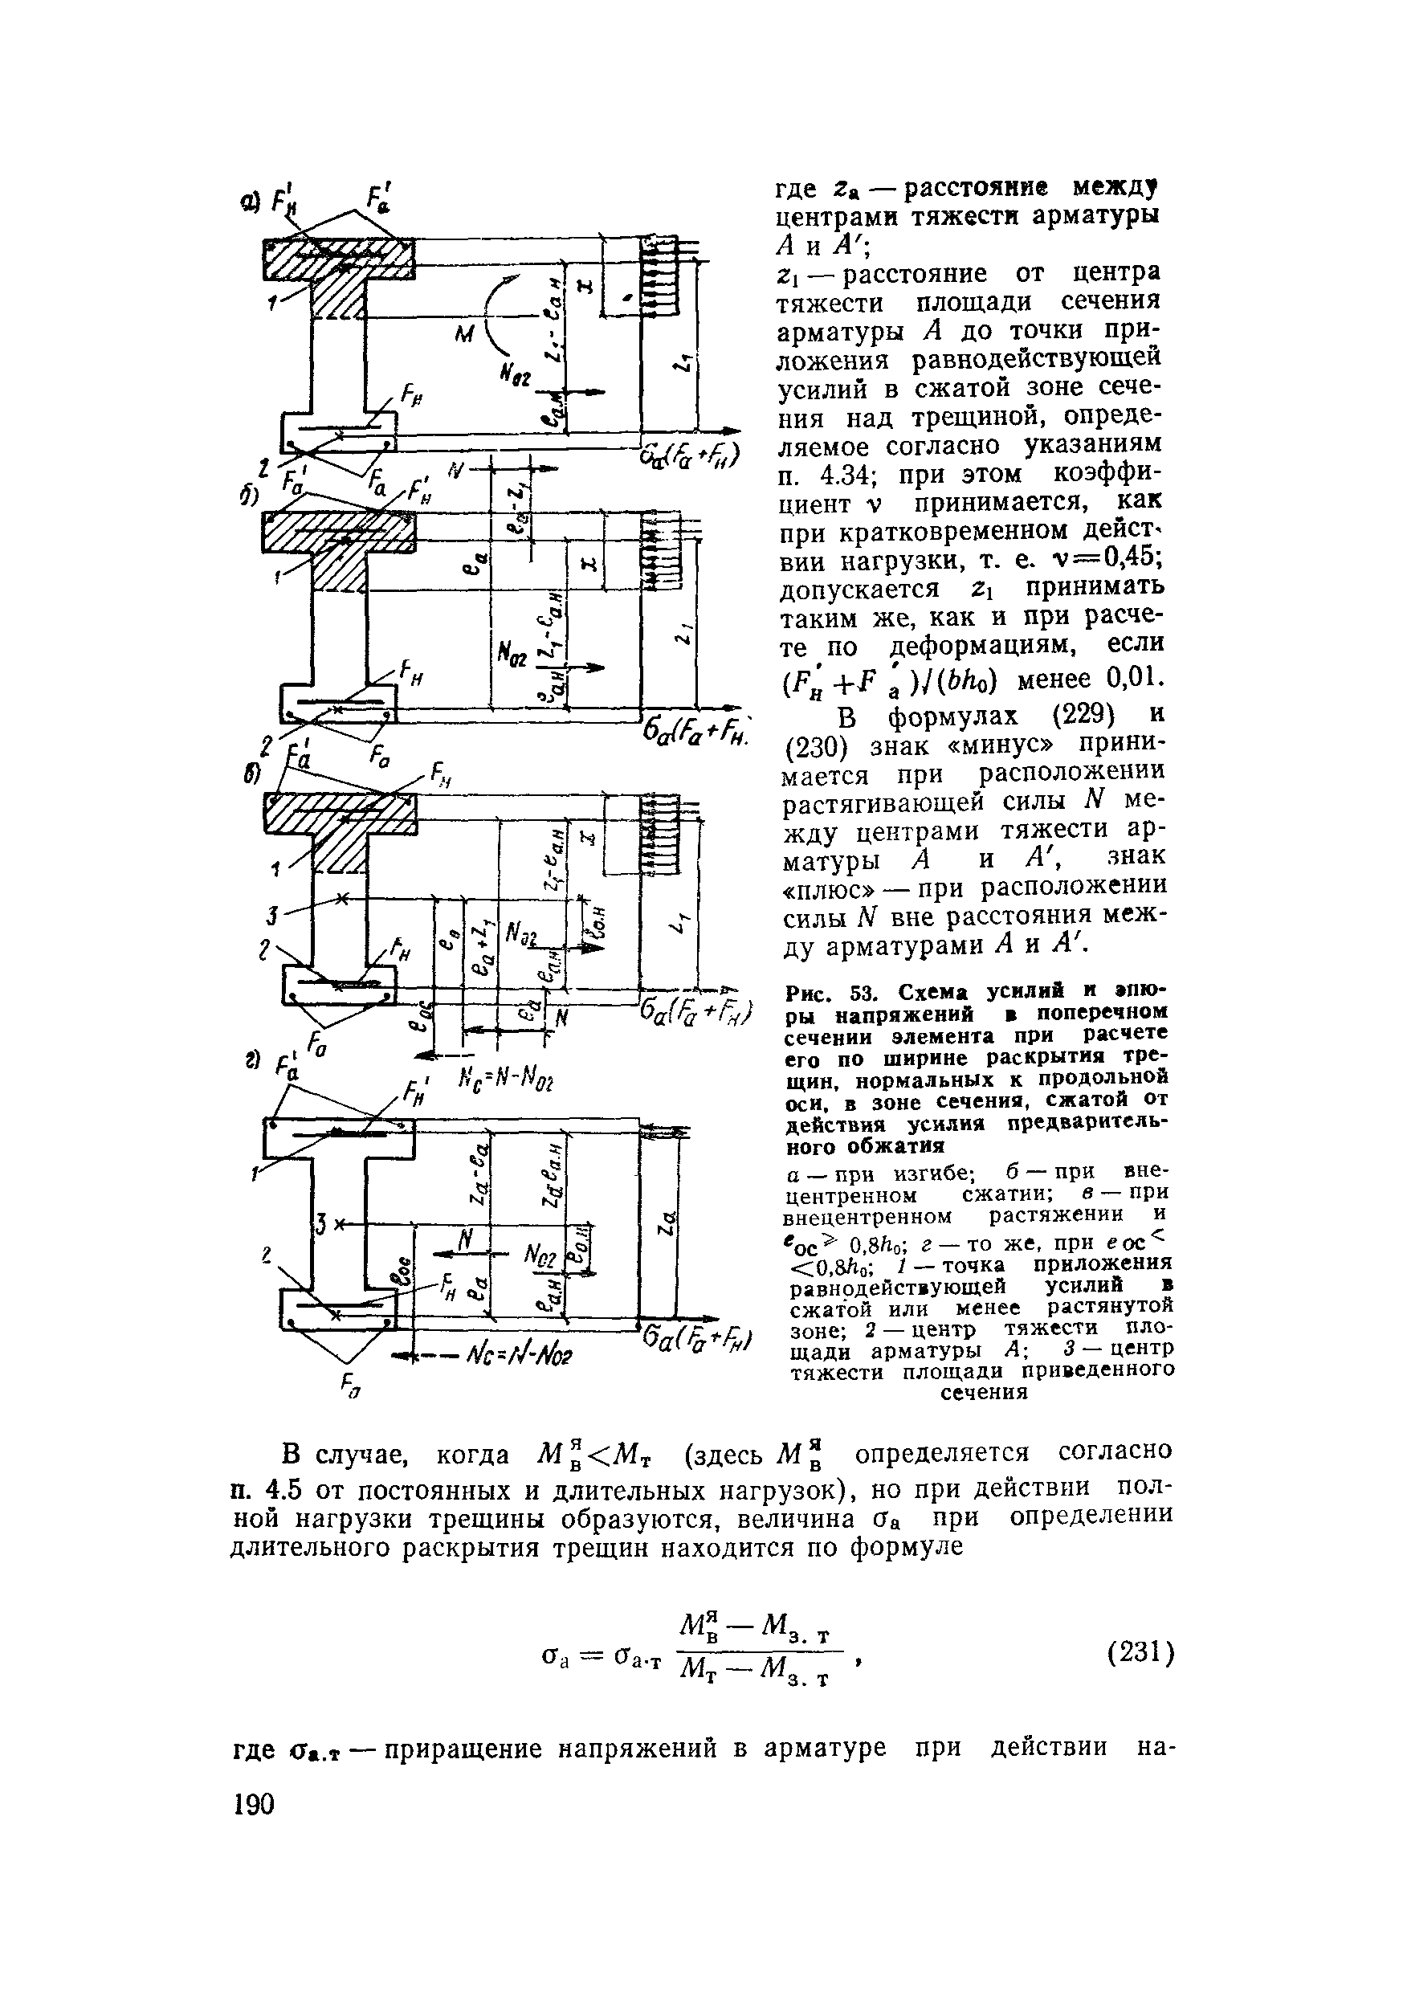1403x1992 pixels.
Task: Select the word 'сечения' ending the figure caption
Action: (x=984, y=1393)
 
